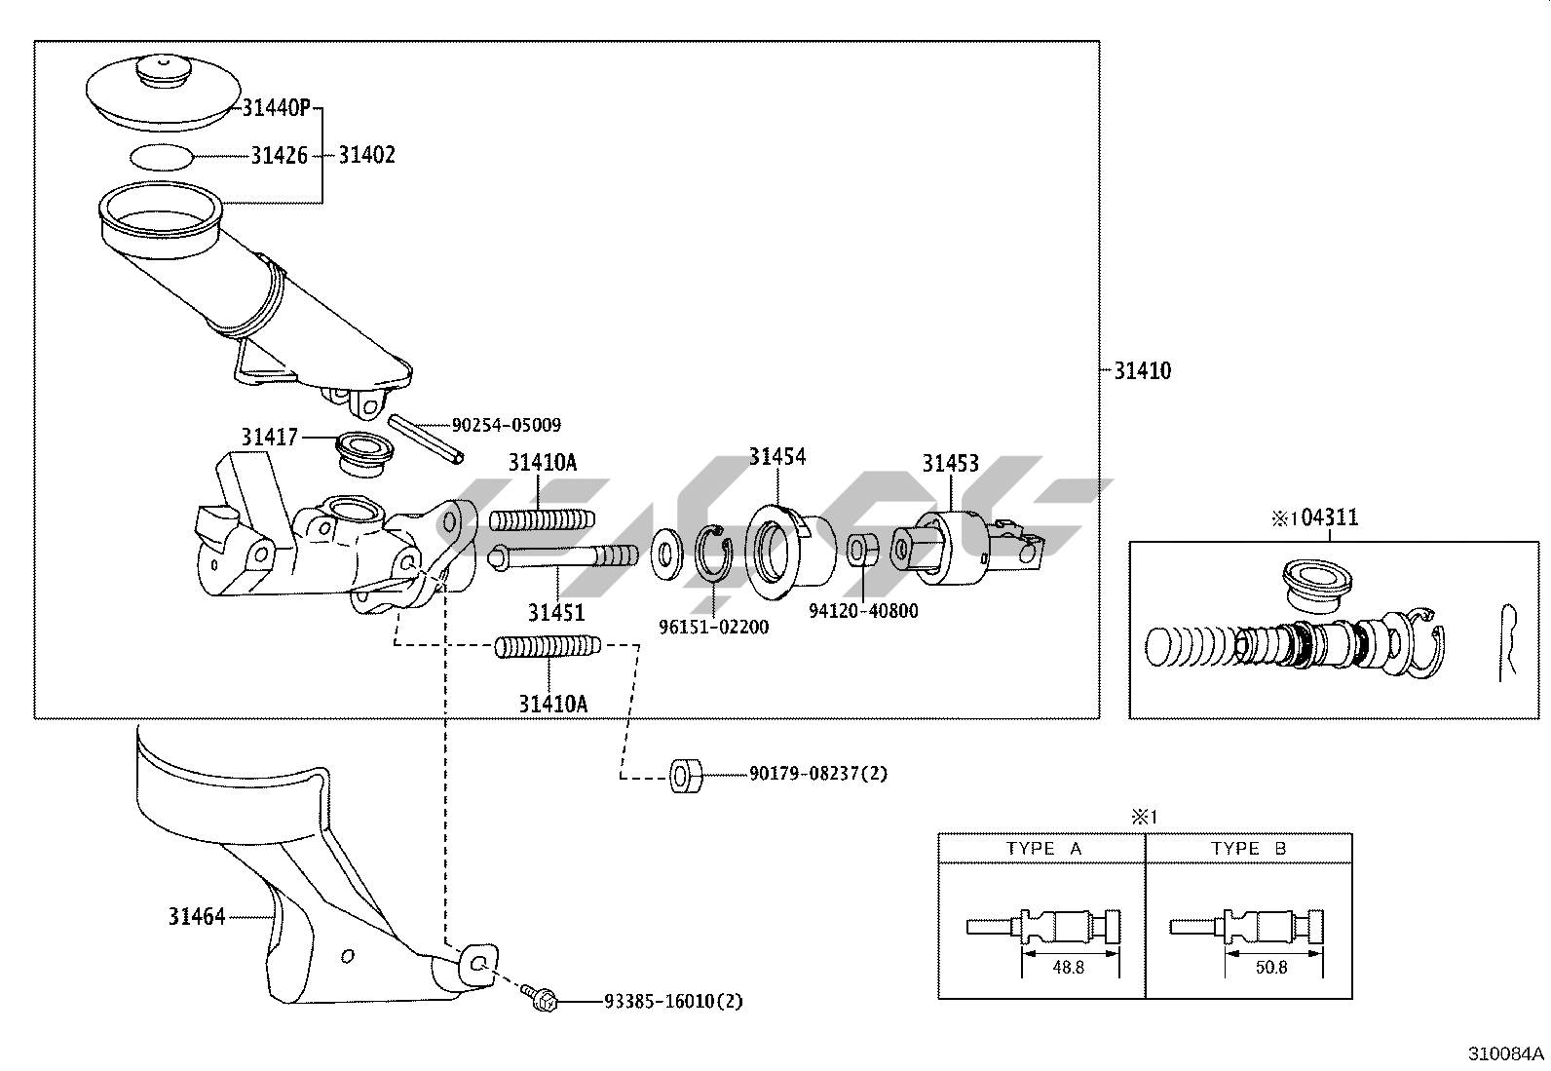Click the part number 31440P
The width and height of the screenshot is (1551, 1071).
(x=276, y=108)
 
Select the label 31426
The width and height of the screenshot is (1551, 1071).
(x=279, y=155)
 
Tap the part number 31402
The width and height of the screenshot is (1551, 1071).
(x=366, y=155)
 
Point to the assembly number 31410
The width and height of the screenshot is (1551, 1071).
(x=1143, y=370)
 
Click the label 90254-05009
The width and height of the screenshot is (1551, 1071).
(x=506, y=425)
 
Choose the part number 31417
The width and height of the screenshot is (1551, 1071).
(x=270, y=438)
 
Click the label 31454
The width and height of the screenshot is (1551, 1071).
(x=777, y=456)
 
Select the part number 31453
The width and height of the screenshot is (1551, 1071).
(x=951, y=463)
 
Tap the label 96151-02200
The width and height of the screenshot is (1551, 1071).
(x=713, y=627)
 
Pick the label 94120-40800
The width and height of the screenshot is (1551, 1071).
(x=863, y=611)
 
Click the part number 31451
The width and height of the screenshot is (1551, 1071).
(x=556, y=612)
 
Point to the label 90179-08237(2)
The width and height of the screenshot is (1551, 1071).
(x=818, y=774)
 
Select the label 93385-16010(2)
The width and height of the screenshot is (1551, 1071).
(x=673, y=1001)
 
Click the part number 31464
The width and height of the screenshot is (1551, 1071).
(x=197, y=916)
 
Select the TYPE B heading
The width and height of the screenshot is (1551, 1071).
(x=1249, y=848)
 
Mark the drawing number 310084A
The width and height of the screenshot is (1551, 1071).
(x=1506, y=1053)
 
